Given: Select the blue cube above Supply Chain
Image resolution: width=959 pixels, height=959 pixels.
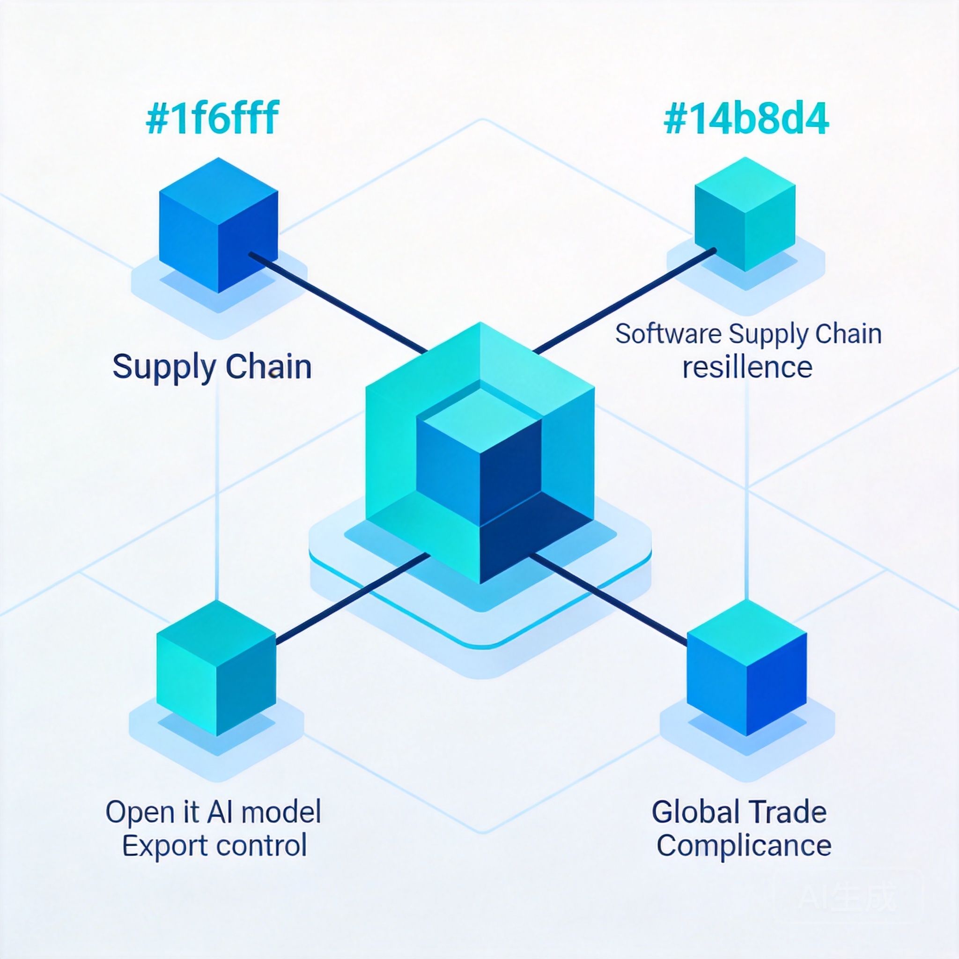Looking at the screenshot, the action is [218, 225].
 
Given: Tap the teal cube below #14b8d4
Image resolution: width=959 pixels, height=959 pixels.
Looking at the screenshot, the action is [745, 214].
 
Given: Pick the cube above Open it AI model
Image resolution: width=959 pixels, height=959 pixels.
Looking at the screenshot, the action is [216, 668].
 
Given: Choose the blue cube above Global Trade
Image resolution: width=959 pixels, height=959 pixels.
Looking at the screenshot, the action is [746, 668].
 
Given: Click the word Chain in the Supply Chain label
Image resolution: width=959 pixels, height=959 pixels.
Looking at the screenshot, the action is [268, 367].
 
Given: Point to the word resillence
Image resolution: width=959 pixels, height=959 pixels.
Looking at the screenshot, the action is [747, 367].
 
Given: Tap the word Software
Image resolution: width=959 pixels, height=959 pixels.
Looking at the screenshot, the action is [669, 333].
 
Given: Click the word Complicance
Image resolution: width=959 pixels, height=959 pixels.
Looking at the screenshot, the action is [744, 845].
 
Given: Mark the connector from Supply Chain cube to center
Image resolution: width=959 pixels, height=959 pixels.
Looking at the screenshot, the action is [338, 303].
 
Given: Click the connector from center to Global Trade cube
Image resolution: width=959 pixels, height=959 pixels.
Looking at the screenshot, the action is [608, 600].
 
